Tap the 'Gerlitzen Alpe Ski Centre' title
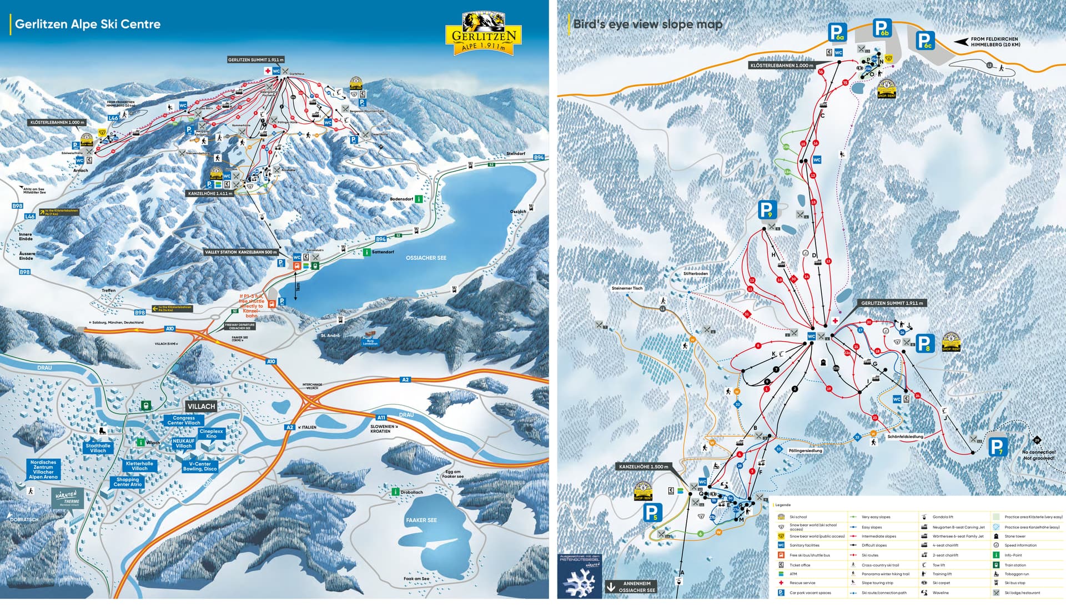point(87,24)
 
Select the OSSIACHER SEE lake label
point(426,258)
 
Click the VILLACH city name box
point(201,406)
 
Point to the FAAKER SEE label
point(421,520)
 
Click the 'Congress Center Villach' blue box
point(184,420)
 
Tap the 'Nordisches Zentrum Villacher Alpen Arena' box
point(43,469)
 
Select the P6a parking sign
point(837,32)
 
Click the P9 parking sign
point(766,210)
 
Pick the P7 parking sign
point(997,447)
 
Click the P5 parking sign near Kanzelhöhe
point(652,512)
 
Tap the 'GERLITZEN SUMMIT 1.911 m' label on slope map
point(892,303)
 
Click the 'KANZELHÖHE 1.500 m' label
point(643,467)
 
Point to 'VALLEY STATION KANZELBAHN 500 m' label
point(241,252)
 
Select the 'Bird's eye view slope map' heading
point(647,24)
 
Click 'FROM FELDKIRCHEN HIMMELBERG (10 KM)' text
point(994,42)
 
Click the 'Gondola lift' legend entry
point(943,517)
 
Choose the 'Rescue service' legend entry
point(802,583)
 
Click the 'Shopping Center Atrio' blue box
point(128,482)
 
